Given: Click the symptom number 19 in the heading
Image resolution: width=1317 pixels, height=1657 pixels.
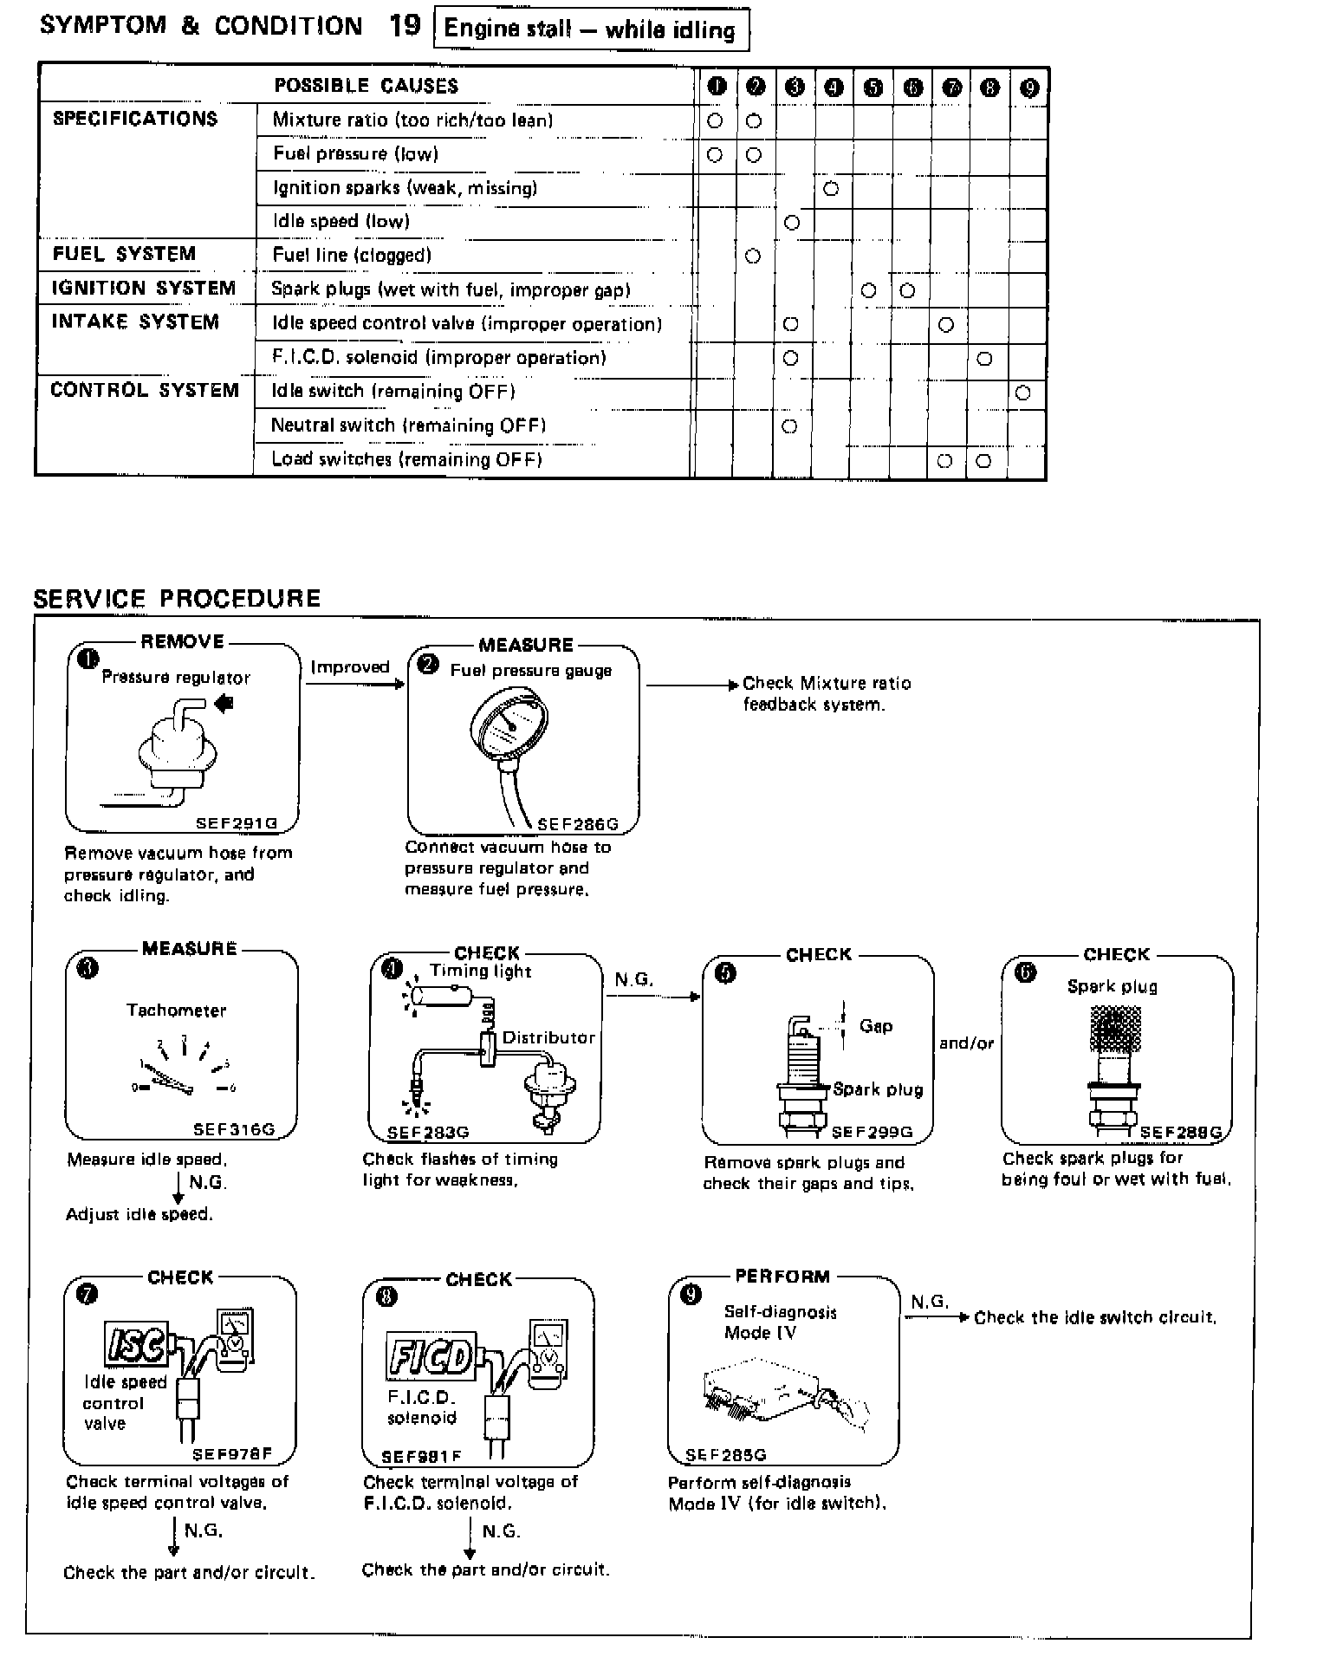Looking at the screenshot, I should tap(405, 26).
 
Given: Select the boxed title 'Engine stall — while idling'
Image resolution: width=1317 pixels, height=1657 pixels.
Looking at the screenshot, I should tap(589, 30).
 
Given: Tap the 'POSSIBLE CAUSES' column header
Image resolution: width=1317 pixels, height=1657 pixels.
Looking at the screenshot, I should tap(367, 86).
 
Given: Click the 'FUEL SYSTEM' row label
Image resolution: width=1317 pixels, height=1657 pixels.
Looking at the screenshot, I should tap(125, 254).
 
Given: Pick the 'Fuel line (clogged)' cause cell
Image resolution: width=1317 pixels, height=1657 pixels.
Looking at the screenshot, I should tap(352, 255).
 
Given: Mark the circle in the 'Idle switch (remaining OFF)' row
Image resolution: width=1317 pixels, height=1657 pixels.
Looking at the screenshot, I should tap(1022, 393).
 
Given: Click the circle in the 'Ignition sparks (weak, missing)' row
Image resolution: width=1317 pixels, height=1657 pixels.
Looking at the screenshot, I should tap(830, 188).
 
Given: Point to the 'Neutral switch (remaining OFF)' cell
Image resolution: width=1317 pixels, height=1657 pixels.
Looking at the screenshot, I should tap(408, 426).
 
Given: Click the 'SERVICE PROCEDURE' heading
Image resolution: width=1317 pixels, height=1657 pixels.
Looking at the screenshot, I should tap(177, 599).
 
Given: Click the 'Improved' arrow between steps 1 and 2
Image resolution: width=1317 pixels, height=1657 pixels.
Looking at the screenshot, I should tap(353, 683).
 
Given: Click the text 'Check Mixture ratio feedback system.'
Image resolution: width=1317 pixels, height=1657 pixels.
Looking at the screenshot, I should tap(826, 693).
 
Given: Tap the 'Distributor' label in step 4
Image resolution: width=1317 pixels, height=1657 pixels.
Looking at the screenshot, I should tap(548, 1037).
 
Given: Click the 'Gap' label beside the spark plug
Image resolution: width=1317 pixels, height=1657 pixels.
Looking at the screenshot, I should tap(875, 1026).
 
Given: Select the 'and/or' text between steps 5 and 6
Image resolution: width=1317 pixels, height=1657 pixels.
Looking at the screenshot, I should tap(966, 1043).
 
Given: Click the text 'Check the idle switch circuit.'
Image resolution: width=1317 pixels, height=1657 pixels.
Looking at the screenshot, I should tap(1094, 1318).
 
